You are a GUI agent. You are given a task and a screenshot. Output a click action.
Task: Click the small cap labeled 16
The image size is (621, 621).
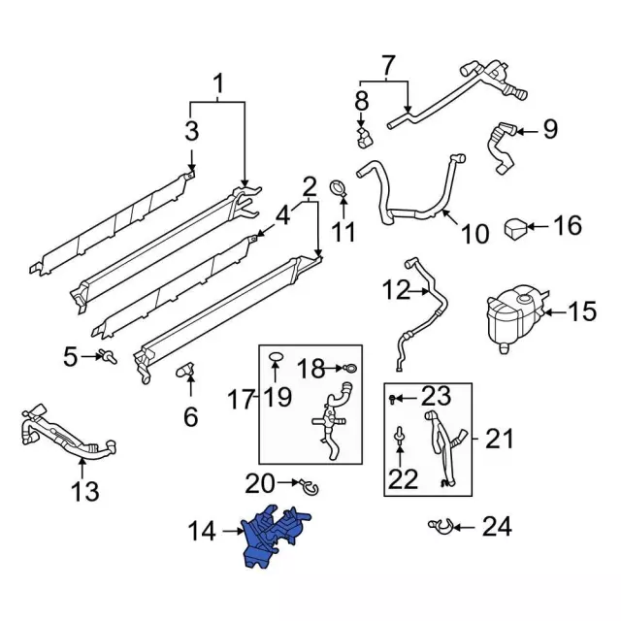515,229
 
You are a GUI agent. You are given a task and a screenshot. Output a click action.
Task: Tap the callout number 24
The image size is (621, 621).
496,528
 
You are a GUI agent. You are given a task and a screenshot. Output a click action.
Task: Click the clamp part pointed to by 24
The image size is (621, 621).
438,527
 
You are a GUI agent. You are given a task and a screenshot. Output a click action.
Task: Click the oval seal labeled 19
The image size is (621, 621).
276,358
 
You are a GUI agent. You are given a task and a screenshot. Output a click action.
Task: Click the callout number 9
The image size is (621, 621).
549,127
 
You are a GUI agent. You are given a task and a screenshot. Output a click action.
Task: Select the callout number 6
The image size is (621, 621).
190,417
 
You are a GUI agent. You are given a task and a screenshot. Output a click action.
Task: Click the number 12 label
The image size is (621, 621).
396,289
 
